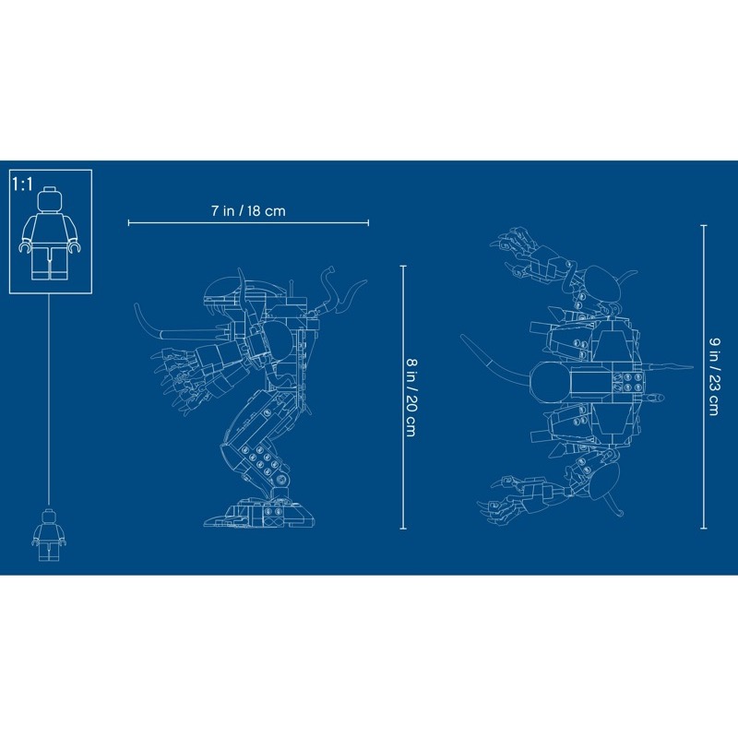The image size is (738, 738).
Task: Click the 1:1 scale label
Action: tap(23, 184)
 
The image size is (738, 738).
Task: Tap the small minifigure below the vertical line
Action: tap(49, 535)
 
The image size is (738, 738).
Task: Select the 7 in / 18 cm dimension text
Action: tap(248, 211)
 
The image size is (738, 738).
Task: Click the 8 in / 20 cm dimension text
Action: tap(411, 398)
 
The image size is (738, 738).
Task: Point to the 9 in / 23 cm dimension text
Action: tap(713, 376)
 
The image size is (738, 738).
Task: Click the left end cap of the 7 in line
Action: tap(128, 222)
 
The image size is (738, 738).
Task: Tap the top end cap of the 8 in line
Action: tap(403, 266)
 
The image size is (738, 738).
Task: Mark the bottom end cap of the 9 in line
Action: tap(704, 529)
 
